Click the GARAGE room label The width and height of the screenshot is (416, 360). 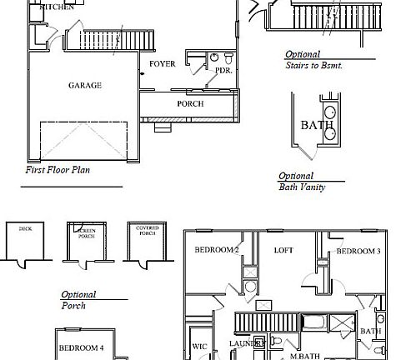tap(84, 85)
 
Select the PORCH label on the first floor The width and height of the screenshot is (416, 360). tap(190, 103)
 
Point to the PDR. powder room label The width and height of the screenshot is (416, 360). tap(223, 72)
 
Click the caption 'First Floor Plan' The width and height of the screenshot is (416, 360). tap(58, 169)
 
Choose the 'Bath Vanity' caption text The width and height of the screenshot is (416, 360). tap(302, 187)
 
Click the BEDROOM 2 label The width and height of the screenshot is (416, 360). tap(217, 250)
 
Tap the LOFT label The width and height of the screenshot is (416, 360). tap(283, 250)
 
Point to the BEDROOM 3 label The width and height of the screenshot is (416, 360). tap(358, 251)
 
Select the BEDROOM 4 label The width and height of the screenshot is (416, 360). tap(81, 347)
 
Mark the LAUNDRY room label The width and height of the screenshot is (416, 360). tap(247, 343)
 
